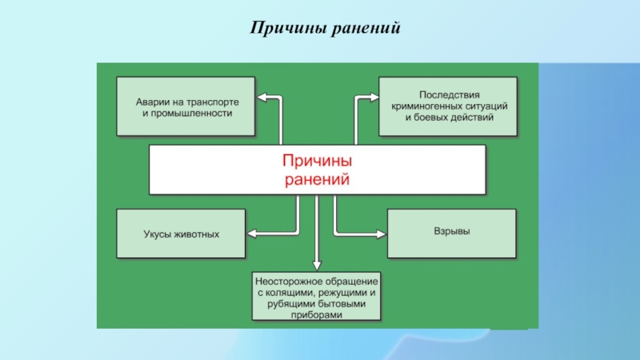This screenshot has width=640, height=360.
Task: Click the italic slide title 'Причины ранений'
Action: pos(325,28)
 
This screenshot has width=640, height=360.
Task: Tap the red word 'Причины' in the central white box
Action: pos(317,161)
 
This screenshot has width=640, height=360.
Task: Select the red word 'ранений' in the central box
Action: pos(317,179)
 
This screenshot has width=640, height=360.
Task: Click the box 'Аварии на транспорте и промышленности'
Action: pos(186,106)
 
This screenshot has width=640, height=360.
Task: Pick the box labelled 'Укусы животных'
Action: pos(181,234)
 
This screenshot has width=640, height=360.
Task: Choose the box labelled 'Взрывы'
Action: pos(452,234)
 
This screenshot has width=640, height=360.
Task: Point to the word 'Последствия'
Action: pos(450,94)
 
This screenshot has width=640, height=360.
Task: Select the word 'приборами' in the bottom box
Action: pos(316,315)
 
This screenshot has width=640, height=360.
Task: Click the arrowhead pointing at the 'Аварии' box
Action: pos(262,98)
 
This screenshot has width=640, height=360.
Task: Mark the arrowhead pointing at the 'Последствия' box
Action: pos(374,97)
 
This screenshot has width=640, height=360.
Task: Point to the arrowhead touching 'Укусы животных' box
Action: pos(252,234)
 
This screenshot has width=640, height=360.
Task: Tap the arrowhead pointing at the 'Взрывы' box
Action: pos(382,234)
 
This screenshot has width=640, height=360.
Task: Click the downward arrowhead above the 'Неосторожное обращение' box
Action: pos(317,266)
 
